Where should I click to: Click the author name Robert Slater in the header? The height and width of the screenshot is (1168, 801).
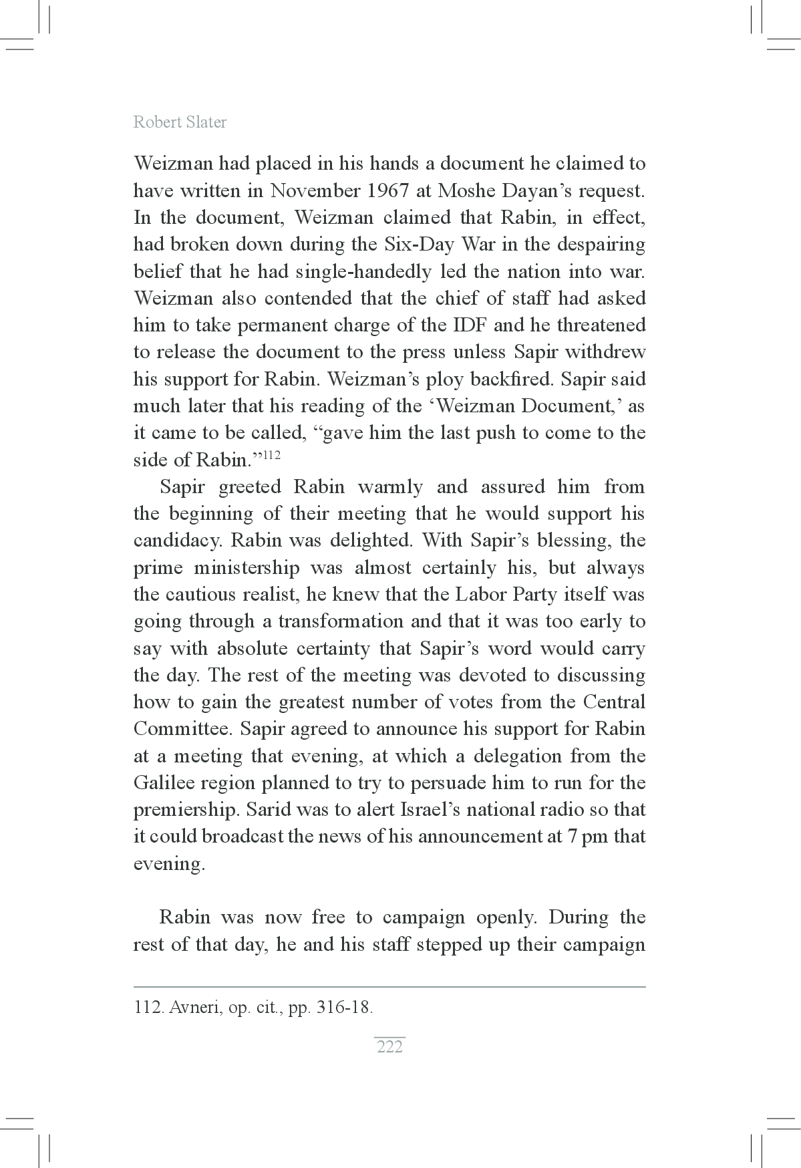click(180, 122)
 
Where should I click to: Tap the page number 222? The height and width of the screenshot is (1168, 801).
click(389, 1046)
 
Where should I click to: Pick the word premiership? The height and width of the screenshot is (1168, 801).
click(186, 810)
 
